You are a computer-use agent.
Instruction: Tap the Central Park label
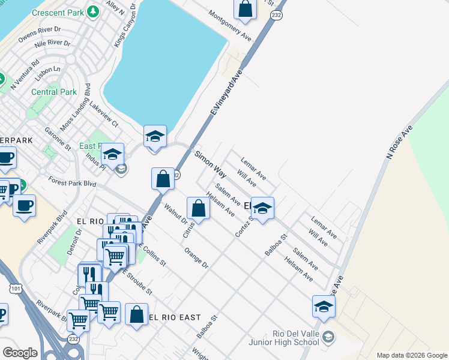[54, 92]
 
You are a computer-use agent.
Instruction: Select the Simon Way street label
[210, 165]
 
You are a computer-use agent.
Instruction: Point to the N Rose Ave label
[400, 142]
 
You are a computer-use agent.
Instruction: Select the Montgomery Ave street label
[230, 25]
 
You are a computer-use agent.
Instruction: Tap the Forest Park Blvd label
[73, 180]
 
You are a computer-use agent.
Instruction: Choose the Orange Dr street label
[196, 257]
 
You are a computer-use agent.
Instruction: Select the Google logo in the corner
[20, 353]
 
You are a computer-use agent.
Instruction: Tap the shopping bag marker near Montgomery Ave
[245, 9]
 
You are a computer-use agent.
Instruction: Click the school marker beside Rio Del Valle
[324, 307]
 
